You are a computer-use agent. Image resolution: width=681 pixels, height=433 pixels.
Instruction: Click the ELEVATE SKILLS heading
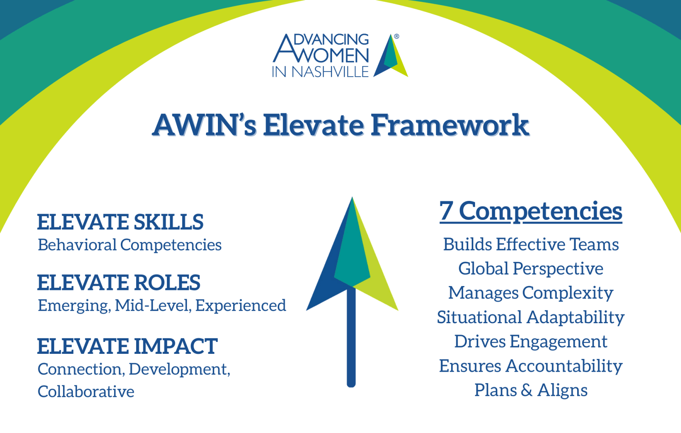click(x=120, y=222)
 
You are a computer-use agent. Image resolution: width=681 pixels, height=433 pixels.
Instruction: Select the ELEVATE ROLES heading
click(x=119, y=282)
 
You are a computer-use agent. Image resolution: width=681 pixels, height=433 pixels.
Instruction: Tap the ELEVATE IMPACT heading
click(x=127, y=346)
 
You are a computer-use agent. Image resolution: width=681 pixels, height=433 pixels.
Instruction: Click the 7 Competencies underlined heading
click(x=531, y=212)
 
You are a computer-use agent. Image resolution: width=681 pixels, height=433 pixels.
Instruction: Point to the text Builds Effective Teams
click(x=531, y=244)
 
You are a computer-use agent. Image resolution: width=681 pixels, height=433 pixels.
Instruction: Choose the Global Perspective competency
click(x=531, y=269)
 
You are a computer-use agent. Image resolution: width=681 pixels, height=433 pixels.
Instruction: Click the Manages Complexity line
click(x=531, y=293)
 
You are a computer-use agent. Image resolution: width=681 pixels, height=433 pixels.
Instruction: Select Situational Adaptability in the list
click(x=531, y=318)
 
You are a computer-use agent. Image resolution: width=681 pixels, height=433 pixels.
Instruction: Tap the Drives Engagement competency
click(x=531, y=342)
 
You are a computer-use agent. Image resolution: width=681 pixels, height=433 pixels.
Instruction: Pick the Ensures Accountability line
click(x=531, y=366)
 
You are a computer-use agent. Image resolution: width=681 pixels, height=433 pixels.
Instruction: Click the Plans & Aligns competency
click(x=531, y=390)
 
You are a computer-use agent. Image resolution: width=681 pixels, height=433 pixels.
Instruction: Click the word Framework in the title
click(x=450, y=125)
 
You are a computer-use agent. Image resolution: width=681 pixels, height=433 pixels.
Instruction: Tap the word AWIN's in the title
click(x=204, y=125)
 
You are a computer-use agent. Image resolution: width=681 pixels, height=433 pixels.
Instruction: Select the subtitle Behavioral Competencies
click(x=129, y=245)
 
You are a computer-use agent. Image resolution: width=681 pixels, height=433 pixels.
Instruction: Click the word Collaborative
click(x=86, y=392)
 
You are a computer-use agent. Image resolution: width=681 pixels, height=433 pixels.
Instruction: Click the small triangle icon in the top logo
click(x=391, y=55)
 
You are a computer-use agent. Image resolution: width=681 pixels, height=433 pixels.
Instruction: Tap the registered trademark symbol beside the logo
click(x=396, y=37)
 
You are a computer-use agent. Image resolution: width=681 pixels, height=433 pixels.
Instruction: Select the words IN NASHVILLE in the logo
click(x=320, y=72)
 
